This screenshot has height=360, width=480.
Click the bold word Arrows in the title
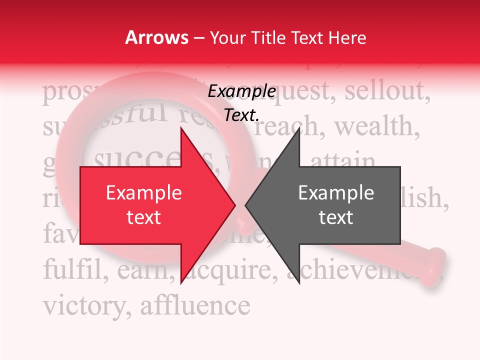(x=157, y=37)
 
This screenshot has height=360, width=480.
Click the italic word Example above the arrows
(x=241, y=91)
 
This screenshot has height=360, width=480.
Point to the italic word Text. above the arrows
(x=241, y=115)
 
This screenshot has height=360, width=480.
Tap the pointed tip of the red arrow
(x=234, y=205)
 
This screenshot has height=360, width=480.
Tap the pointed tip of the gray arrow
(x=247, y=205)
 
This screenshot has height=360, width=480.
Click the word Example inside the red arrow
(x=144, y=193)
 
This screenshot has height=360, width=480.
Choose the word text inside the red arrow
(x=144, y=217)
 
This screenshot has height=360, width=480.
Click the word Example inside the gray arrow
(x=336, y=193)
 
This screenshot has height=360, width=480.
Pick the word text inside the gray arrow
(x=336, y=217)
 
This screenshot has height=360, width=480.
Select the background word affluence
(x=195, y=303)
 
